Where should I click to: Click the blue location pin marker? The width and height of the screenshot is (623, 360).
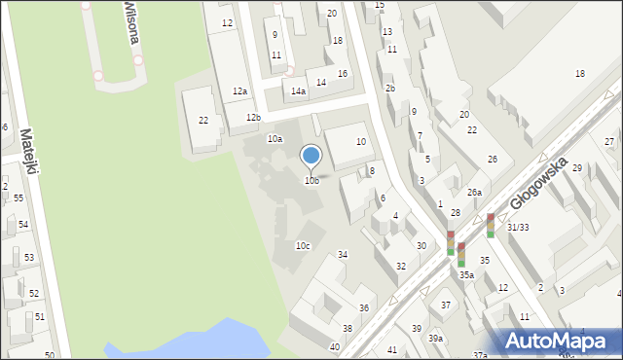(311, 156)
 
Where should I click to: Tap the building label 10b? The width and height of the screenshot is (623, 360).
(311, 180)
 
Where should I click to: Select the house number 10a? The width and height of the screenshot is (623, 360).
(275, 139)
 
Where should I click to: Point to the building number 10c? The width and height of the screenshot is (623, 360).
(303, 245)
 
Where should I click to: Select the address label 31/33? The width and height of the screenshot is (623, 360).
(518, 227)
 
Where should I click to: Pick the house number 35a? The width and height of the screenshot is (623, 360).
(466, 275)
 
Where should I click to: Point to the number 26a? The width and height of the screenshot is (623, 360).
(473, 193)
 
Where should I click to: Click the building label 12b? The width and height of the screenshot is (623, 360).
(253, 118)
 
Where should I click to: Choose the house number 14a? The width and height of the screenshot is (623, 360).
(298, 91)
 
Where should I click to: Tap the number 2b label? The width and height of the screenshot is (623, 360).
(389, 89)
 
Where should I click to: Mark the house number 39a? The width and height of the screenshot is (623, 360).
(435, 338)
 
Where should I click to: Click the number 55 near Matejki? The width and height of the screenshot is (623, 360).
(18, 198)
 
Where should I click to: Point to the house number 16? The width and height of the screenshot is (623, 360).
(342, 74)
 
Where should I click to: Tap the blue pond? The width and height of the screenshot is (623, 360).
(195, 341)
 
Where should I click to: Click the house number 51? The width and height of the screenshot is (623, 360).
(39, 316)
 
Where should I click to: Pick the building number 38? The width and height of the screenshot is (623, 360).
(347, 328)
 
